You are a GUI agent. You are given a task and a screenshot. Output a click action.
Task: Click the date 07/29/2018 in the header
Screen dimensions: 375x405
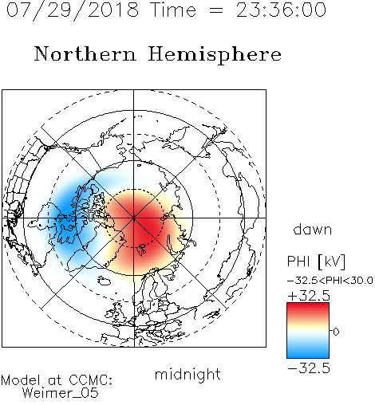coord(73,10)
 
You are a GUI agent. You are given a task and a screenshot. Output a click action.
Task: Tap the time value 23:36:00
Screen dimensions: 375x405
coord(281,10)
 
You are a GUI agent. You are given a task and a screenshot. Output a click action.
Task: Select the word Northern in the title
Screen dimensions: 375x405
coord(85,53)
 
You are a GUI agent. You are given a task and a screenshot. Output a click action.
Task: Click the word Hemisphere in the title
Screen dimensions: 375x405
coord(215,55)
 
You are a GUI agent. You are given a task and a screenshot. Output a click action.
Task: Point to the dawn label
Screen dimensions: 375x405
coord(313,229)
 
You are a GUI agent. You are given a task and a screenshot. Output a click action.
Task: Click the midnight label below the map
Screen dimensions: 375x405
coord(187,375)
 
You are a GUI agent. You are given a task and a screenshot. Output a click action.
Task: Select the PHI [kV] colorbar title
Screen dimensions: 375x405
coord(316,261)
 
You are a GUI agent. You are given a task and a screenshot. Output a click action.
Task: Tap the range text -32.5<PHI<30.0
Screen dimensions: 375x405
coord(330,281)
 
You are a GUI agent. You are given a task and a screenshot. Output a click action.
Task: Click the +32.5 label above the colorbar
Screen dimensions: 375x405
coord(309,296)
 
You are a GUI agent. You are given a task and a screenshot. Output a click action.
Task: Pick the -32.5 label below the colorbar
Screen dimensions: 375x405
coord(309,368)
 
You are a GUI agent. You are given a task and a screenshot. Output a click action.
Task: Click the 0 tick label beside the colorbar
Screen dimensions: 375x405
coord(336,332)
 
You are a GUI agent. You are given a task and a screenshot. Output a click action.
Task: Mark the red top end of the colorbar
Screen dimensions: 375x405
coord(308,305)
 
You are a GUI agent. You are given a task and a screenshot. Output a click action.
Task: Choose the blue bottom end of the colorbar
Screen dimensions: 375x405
coord(308,355)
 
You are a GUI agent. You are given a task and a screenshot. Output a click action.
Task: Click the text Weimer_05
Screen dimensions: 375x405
coord(61,393)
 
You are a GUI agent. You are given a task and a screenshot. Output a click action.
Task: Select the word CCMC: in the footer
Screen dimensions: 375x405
coord(90,380)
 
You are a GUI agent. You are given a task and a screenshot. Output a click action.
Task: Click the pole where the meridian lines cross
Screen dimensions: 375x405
coord(134,218)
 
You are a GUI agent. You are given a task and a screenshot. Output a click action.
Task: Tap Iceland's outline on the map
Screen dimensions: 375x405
coord(104,281)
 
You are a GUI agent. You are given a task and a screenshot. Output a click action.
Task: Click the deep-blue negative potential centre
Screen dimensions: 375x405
coord(65,213)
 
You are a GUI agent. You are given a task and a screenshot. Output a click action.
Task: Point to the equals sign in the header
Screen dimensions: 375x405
coord(216,11)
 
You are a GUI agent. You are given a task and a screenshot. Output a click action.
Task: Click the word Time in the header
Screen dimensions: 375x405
coord(173,10)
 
